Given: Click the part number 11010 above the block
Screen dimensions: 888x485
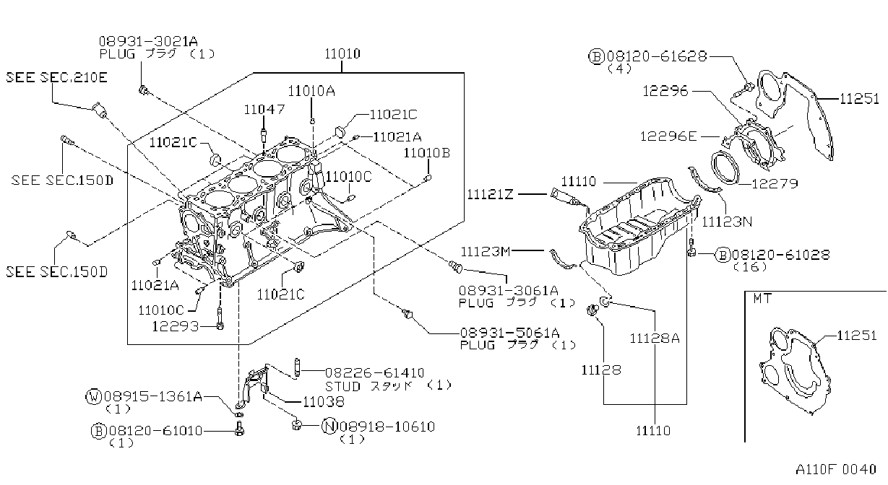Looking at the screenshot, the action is [x=342, y=54].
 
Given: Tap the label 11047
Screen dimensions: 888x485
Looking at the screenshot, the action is [x=264, y=109].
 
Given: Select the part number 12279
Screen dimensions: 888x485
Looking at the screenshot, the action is [x=775, y=184].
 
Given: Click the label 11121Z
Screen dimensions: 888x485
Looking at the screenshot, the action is [x=490, y=194].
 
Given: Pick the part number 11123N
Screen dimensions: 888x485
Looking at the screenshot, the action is [x=727, y=222].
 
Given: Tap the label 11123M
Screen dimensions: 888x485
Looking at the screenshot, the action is [x=486, y=251].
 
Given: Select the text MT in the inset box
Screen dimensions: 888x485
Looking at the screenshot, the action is [x=762, y=299].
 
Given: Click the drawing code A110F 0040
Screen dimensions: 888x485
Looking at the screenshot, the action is [x=836, y=469].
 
